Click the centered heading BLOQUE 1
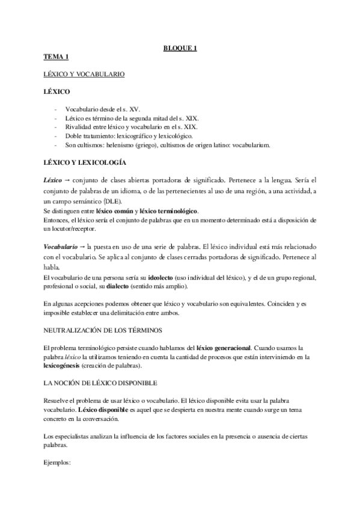click(180, 49)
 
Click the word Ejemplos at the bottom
click(57, 463)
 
